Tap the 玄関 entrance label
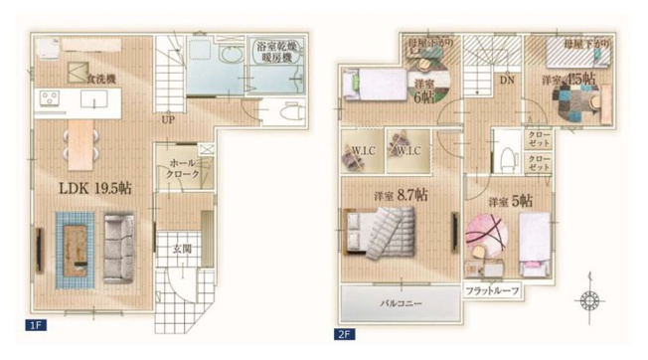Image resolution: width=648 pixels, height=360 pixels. coord(181,249)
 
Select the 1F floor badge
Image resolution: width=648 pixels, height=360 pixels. coord(35,324)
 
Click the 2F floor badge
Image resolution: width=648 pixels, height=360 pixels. coord(345,335)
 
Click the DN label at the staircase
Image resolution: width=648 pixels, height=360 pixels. coord(507,80)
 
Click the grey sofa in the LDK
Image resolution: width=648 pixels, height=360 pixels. coord(118,250)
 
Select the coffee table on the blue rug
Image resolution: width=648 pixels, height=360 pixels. coord(75,250)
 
